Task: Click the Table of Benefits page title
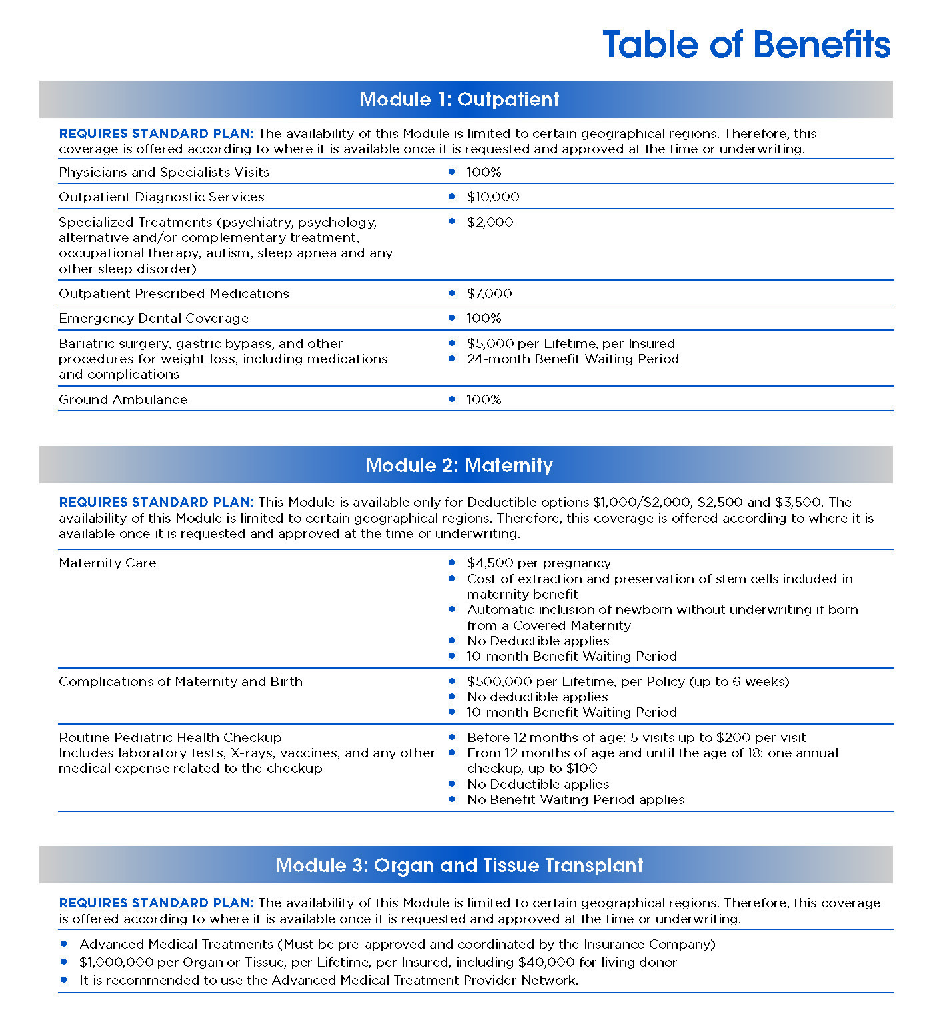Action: [746, 45]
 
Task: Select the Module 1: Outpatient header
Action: [459, 99]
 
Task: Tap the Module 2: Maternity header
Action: [459, 465]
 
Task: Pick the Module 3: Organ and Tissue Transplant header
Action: [459, 865]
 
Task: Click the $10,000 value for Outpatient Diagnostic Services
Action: [493, 197]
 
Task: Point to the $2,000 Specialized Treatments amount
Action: [490, 222]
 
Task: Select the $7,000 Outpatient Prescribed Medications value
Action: [489, 293]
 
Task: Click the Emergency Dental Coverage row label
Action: [153, 318]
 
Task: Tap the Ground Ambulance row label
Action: [123, 399]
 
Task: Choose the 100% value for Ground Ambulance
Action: [484, 399]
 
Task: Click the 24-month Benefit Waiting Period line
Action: [572, 359]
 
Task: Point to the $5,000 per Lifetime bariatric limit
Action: [570, 343]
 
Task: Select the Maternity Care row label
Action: [107, 563]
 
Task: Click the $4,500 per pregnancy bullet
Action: [538, 563]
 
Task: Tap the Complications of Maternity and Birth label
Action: [181, 681]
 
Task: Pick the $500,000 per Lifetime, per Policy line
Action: [628, 681]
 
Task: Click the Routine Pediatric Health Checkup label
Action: [170, 737]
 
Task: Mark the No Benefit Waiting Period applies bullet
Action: [576, 799]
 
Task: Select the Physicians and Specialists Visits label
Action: [164, 172]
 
